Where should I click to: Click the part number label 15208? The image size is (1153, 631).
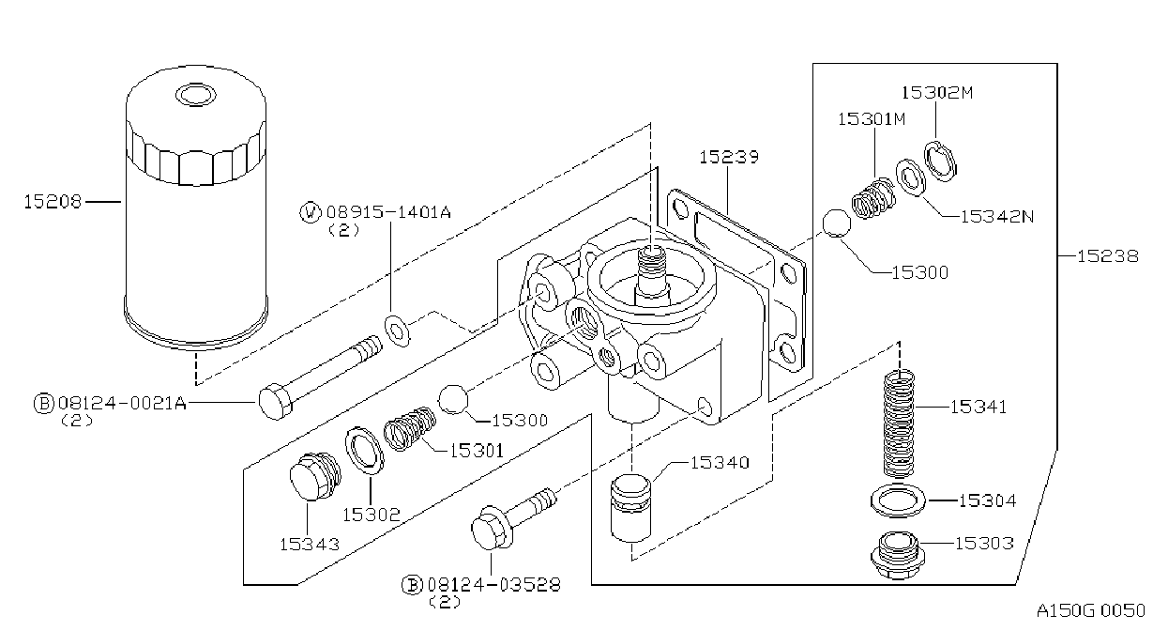53,201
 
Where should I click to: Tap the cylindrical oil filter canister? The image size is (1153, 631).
196,206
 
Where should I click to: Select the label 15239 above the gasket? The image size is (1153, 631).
729,157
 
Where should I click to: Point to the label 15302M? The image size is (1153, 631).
937,93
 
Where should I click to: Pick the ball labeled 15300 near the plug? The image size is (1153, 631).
453,399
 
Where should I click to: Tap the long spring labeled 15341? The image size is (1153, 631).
899,423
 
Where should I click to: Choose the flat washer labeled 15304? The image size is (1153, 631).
898,500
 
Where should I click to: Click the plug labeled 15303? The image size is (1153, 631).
898,555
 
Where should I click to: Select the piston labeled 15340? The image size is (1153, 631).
630,508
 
